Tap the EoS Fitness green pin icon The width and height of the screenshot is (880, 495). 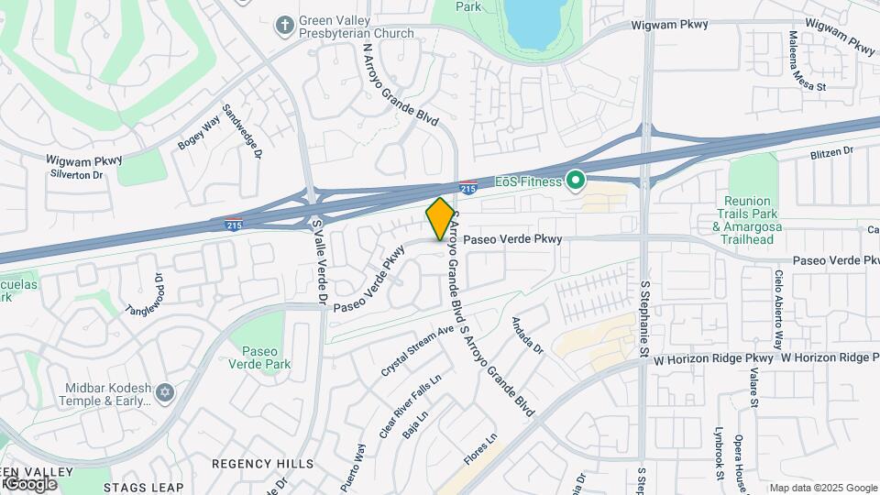[576, 181]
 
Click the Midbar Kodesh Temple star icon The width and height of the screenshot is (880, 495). [165, 392]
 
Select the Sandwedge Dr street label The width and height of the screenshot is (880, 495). [245, 144]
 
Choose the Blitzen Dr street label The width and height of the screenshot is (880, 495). [831, 150]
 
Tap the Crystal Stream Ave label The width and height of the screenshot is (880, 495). [418, 351]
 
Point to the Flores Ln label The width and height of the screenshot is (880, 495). [479, 451]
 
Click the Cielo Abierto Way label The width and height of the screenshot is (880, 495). [778, 310]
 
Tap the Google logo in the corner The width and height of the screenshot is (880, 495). [29, 483]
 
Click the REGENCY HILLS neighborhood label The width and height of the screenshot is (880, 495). [251, 464]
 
